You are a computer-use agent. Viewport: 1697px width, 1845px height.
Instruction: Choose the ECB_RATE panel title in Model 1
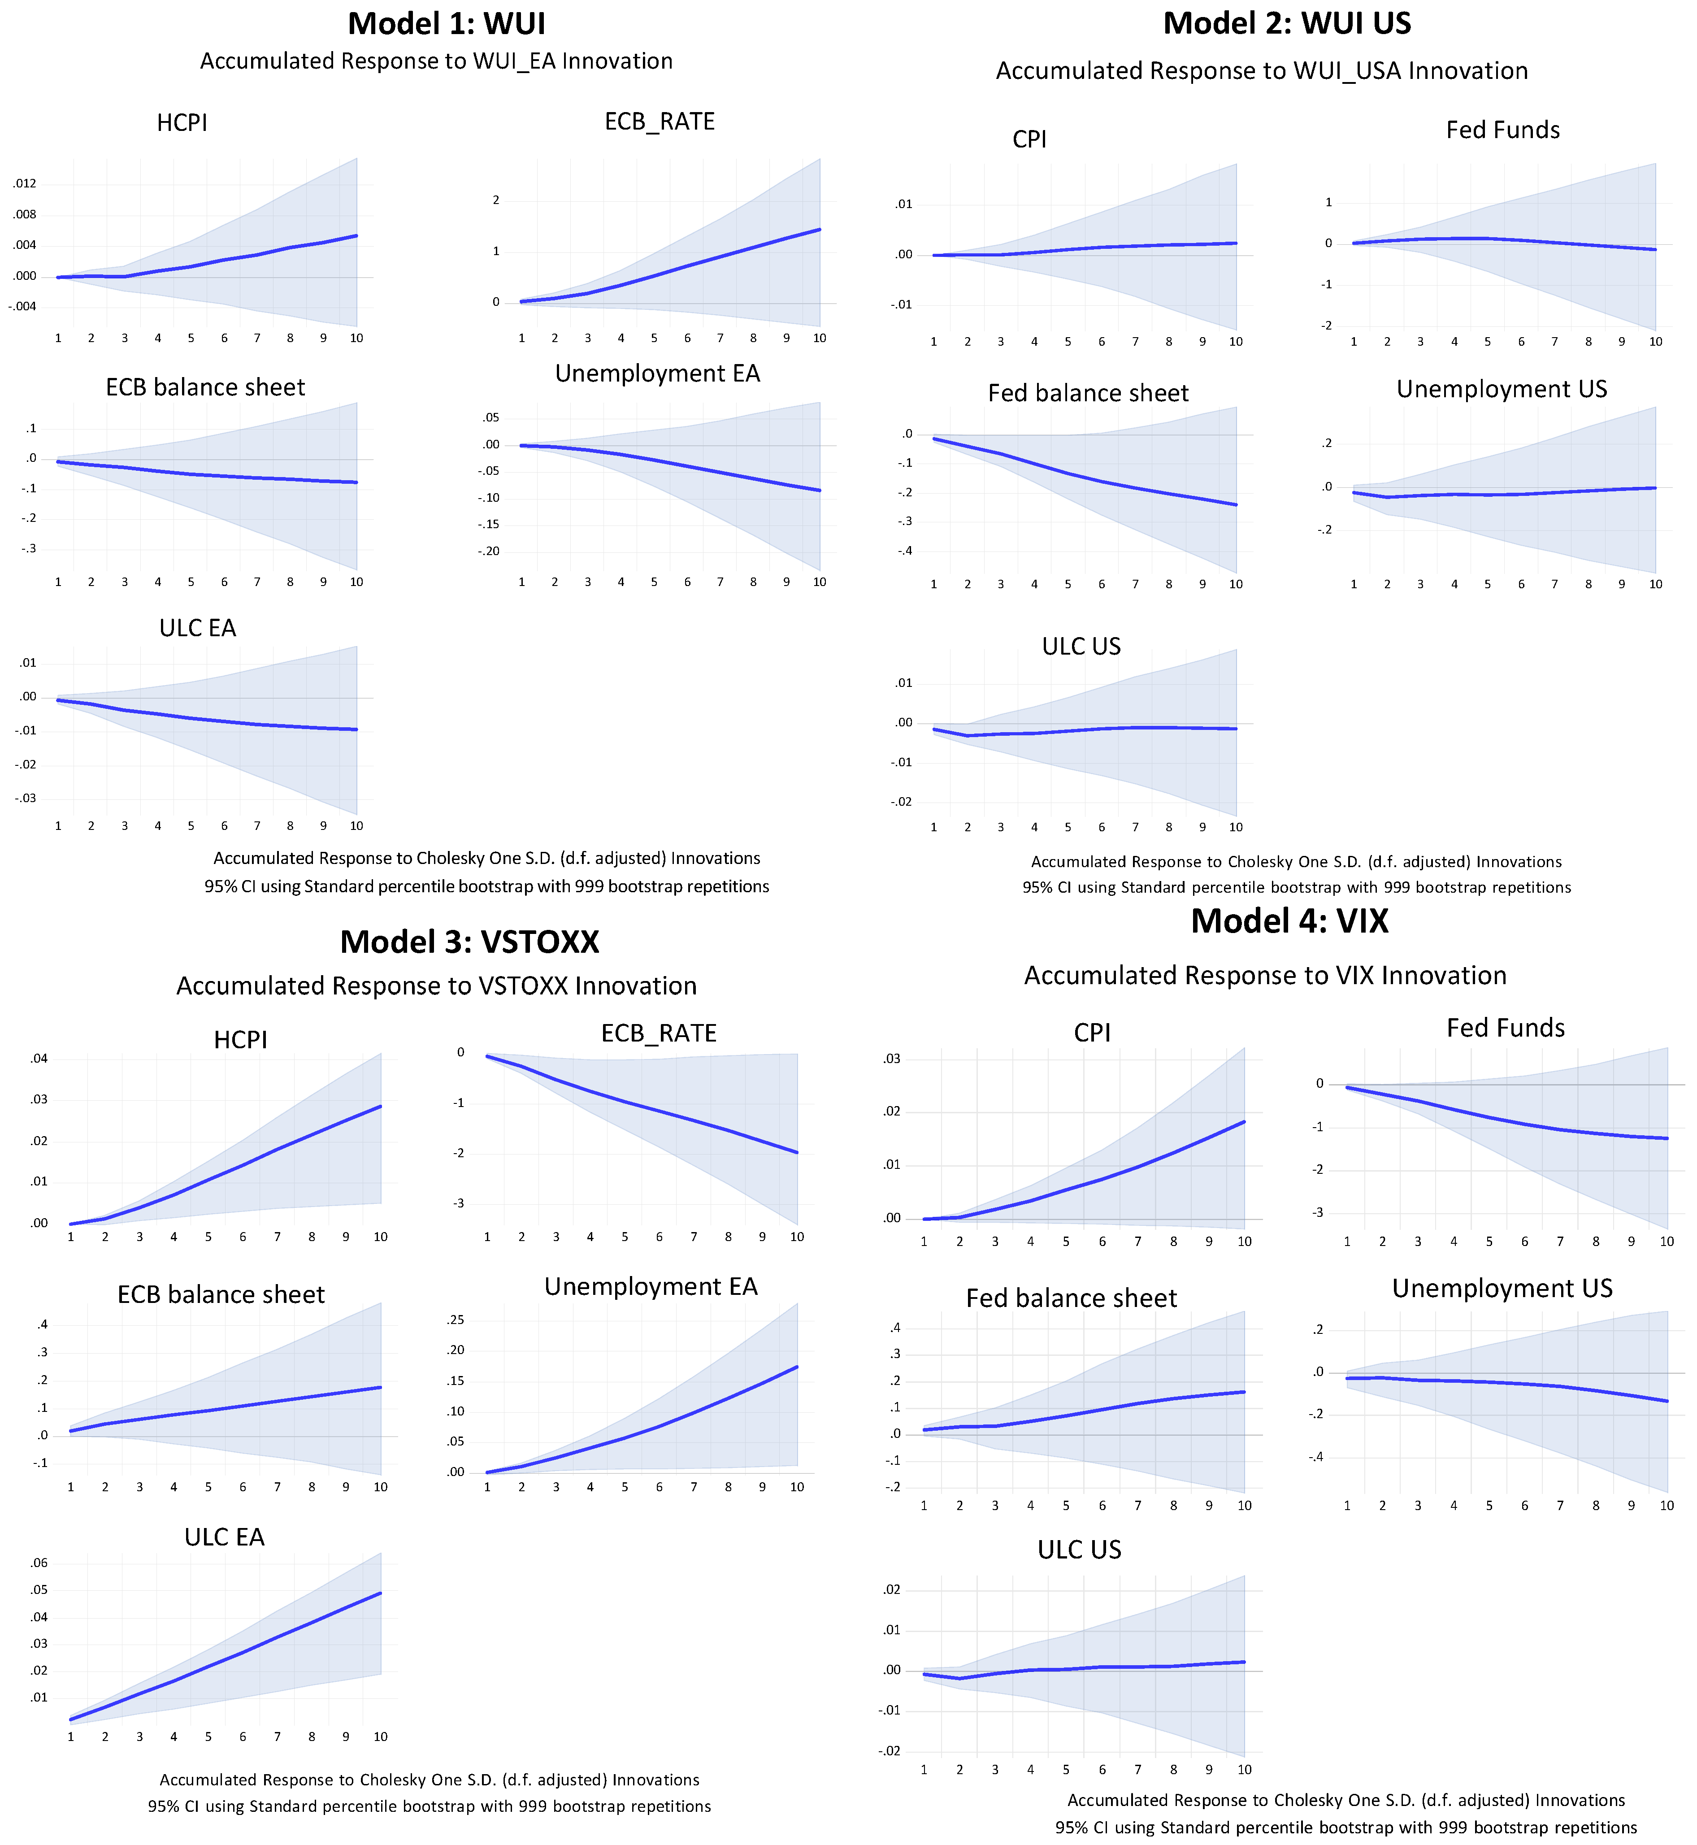point(660,122)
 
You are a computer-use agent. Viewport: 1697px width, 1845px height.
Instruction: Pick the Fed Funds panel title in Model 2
point(1502,130)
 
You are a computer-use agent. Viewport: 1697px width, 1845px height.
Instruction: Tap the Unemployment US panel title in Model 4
point(1502,1289)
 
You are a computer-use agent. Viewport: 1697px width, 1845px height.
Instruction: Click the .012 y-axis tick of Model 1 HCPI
point(25,184)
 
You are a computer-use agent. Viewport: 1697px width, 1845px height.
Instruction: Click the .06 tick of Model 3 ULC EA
point(39,1563)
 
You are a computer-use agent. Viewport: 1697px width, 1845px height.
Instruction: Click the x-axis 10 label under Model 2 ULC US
point(1236,828)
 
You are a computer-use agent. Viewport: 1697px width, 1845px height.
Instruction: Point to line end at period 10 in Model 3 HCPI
point(380,1107)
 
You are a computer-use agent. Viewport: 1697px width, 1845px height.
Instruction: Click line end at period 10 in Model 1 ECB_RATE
point(819,230)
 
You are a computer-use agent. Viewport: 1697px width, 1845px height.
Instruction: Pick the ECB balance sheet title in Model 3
point(221,1295)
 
